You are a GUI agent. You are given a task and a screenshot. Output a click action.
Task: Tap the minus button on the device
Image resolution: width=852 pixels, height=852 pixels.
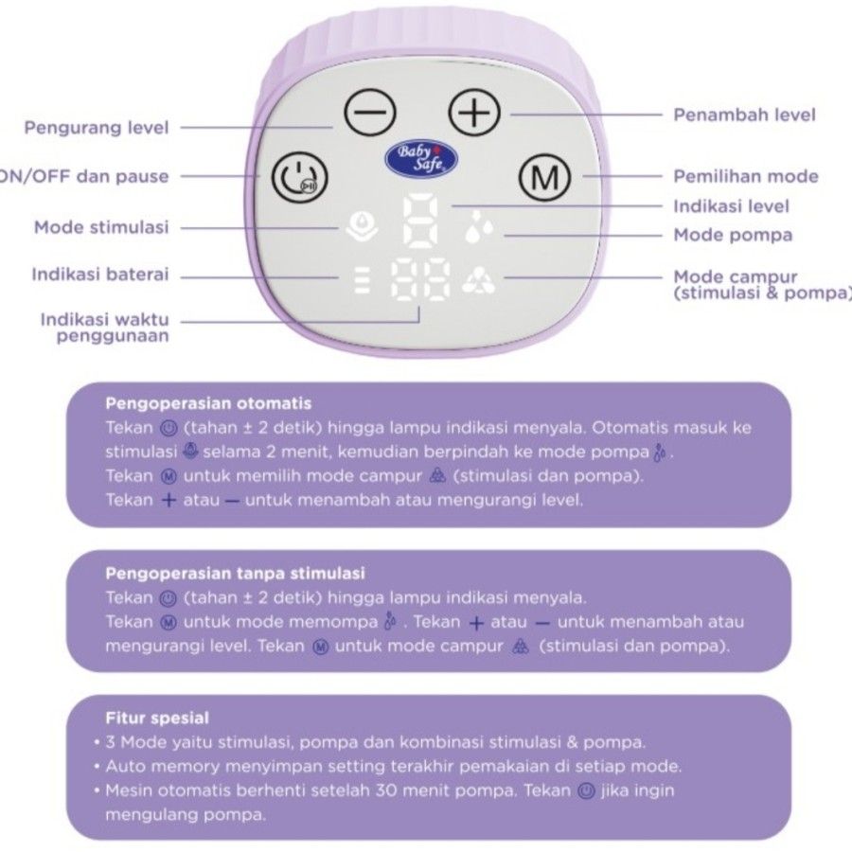(365, 115)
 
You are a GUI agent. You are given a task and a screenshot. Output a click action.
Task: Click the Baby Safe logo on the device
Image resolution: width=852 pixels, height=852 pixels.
(421, 157)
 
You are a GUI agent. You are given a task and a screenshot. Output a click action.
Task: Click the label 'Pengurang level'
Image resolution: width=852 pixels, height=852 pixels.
(97, 127)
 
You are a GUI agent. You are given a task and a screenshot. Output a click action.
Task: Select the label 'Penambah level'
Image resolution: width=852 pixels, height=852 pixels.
(744, 115)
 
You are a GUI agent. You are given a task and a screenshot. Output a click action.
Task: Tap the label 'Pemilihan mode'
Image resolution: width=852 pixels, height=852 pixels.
(746, 176)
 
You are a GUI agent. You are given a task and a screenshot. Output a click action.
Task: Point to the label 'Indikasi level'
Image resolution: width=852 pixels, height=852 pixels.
(731, 205)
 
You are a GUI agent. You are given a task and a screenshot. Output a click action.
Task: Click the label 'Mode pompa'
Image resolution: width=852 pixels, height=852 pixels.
(733, 234)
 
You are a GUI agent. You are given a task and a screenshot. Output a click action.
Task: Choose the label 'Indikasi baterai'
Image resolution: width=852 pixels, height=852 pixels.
(100, 275)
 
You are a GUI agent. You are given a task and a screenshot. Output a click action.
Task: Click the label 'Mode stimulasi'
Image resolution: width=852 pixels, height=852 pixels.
(101, 227)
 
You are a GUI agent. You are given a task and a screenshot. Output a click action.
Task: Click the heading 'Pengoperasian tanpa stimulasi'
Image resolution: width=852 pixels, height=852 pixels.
(235, 574)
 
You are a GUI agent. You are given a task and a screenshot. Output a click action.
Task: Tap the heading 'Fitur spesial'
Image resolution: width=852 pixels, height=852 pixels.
(157, 718)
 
